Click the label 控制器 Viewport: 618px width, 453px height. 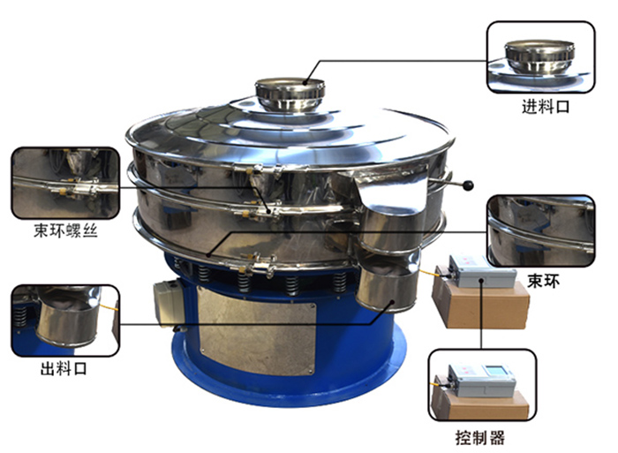tap(483, 437)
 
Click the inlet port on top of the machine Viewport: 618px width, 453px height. tap(289, 94)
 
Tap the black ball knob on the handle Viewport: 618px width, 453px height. tap(469, 185)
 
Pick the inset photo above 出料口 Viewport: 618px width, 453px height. tap(64, 319)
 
